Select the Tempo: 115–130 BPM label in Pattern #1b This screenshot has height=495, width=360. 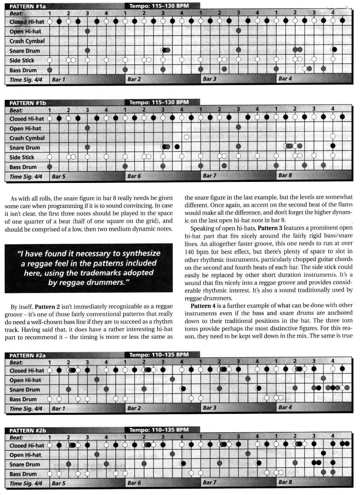[159, 102]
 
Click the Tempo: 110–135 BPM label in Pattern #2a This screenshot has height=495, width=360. [159, 354]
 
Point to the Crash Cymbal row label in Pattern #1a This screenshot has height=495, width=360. [27, 41]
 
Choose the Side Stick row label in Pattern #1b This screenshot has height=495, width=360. [22, 157]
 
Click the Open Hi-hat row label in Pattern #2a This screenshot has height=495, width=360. [25, 380]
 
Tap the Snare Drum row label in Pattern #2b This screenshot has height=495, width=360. [25, 464]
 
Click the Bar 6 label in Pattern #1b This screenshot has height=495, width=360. [134, 176]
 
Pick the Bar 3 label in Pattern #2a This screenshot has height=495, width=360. [210, 408]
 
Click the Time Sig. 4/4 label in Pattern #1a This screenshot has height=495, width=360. [26, 80]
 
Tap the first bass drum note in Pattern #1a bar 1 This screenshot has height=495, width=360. [50, 70]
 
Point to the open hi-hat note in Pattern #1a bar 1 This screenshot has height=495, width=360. [87, 31]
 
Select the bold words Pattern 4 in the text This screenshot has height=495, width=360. [203, 305]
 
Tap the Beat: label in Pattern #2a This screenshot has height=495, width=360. [16, 362]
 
